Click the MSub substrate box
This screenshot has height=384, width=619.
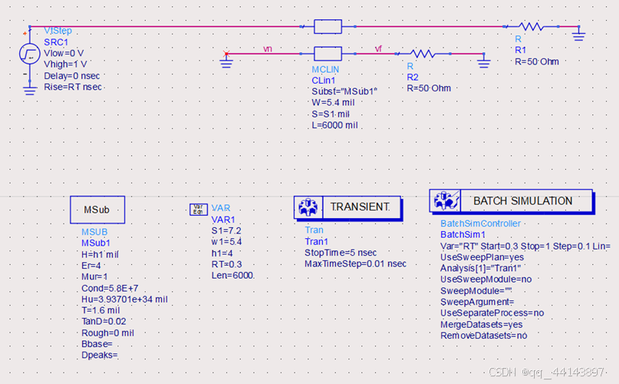[x=97, y=209]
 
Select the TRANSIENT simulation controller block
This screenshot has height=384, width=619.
[x=347, y=207]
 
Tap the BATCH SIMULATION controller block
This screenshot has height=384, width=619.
[x=511, y=201]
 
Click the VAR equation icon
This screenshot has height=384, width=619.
[x=198, y=209]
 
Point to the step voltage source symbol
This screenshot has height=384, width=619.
[x=29, y=54]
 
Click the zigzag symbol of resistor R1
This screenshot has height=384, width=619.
[x=532, y=27]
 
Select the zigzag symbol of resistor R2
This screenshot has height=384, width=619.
[x=423, y=54]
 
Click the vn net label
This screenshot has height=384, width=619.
[x=267, y=48]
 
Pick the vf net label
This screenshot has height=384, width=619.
[x=378, y=48]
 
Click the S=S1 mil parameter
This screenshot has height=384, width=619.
[x=325, y=114]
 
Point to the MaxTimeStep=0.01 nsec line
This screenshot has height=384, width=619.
[x=356, y=263]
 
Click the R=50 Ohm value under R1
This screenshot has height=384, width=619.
[x=537, y=61]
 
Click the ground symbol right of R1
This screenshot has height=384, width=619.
[x=578, y=34]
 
